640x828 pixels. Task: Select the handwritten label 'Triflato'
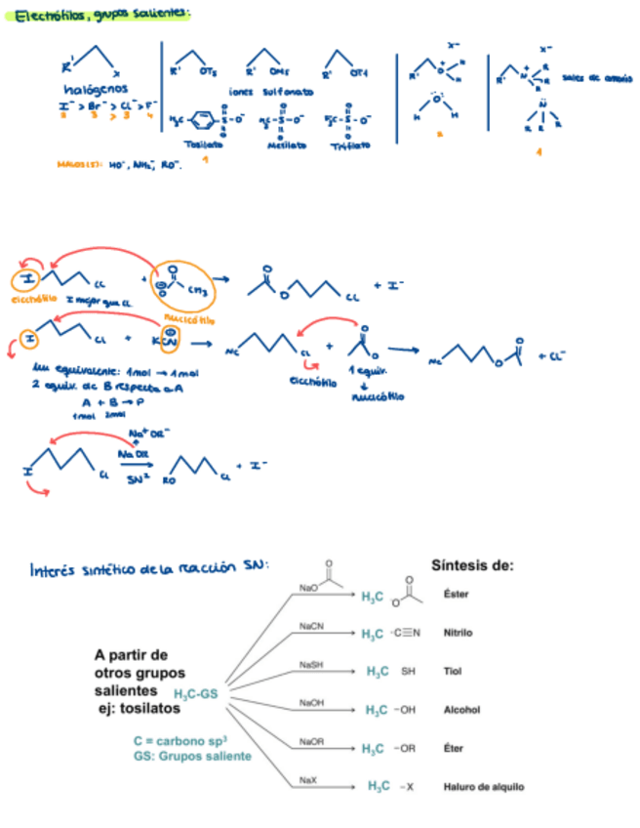pos(351,145)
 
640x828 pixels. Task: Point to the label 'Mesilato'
pos(287,145)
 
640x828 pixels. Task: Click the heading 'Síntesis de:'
pos(472,565)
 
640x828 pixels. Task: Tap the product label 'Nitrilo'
pos(458,633)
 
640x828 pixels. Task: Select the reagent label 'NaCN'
pos(312,625)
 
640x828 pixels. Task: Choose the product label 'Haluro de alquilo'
pos(484,786)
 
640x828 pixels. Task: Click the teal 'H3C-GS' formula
pos(196,694)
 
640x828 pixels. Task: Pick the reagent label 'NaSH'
pos(312,664)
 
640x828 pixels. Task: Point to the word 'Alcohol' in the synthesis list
pos(461,710)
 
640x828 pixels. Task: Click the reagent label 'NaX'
pos(308,779)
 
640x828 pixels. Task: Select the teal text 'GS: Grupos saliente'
pos(192,757)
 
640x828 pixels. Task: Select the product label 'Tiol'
pos(451,672)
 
